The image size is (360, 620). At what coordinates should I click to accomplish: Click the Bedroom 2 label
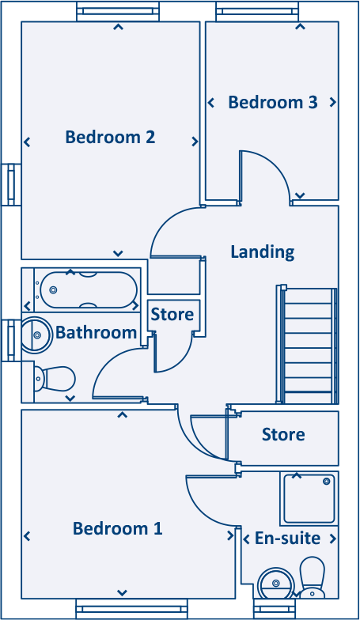click(110, 138)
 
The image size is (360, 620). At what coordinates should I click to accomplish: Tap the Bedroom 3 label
click(273, 103)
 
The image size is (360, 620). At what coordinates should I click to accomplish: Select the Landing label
click(263, 252)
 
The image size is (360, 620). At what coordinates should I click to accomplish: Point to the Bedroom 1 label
click(117, 528)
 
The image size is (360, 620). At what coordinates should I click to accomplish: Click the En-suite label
click(288, 538)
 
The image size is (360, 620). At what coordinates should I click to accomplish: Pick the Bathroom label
click(97, 332)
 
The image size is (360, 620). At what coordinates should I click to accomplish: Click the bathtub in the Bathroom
click(89, 289)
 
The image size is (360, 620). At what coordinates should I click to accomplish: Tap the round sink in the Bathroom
click(36, 335)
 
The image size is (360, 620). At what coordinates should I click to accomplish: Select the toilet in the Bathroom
click(55, 379)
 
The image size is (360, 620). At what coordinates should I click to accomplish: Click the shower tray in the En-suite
click(309, 498)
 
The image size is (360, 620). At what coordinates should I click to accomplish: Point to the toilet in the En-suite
click(312, 577)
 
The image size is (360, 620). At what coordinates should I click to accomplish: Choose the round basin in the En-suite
click(276, 583)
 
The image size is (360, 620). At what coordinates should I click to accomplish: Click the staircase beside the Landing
click(308, 345)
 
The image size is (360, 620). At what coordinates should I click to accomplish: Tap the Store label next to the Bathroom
click(172, 315)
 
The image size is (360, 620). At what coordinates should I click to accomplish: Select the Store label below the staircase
click(283, 435)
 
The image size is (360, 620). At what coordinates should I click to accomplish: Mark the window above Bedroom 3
click(258, 11)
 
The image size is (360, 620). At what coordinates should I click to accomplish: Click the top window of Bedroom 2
click(118, 11)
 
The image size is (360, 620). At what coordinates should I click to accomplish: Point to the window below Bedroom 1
click(131, 609)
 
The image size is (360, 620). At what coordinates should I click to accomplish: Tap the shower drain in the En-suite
click(326, 481)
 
